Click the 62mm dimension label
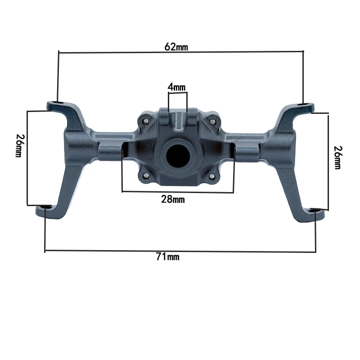point(176,47)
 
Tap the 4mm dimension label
point(176,87)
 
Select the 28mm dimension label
point(173,199)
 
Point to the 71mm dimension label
point(167,256)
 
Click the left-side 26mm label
point(19,145)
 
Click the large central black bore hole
point(178,156)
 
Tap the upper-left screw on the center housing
point(145,121)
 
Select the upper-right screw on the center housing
point(212,121)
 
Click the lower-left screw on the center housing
point(145,176)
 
